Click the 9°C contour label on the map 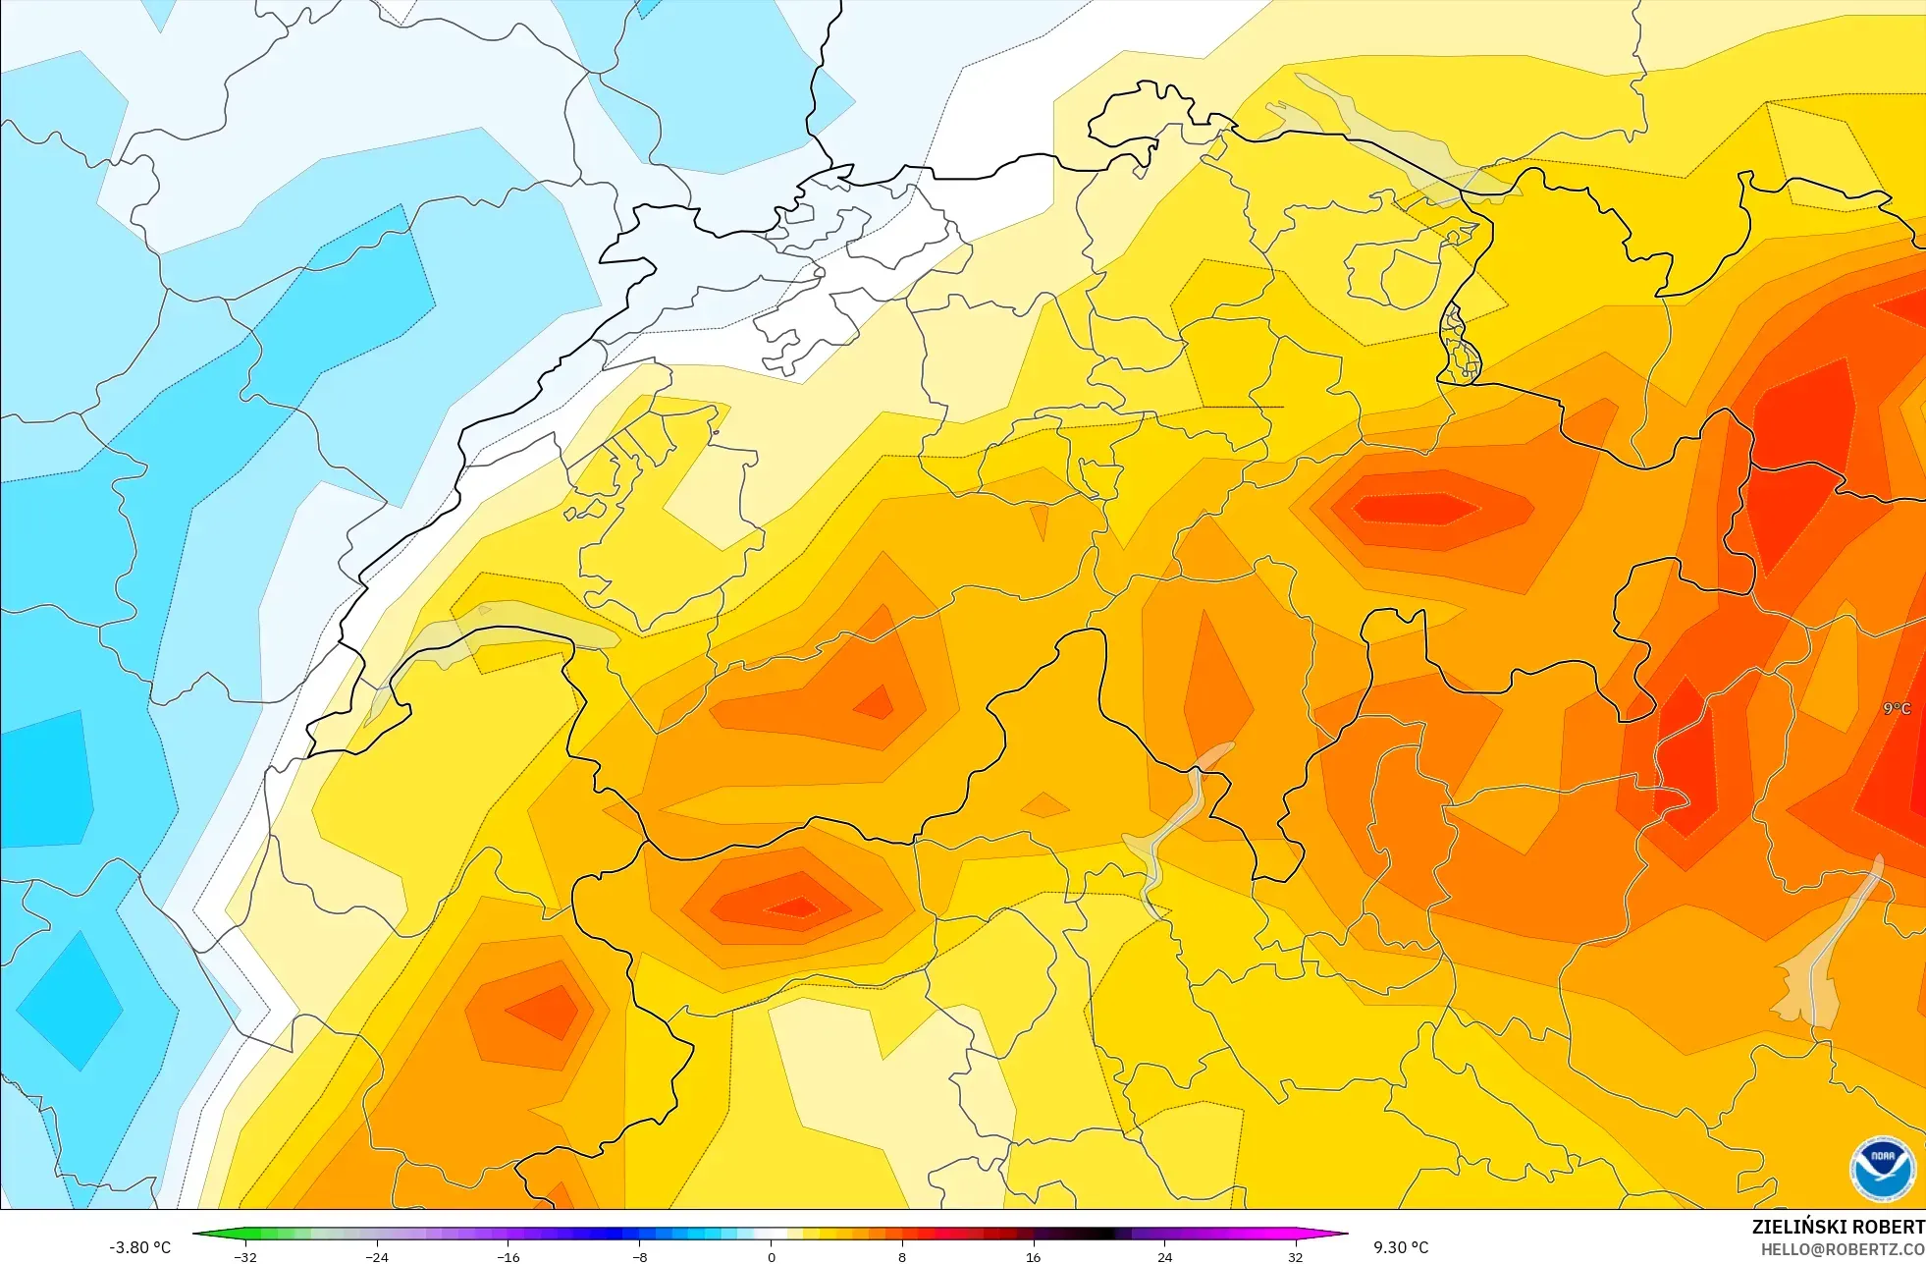(x=1897, y=708)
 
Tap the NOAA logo (x=1882, y=1169)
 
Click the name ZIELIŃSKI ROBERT (x=1838, y=1227)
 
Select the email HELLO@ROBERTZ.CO (x=1842, y=1249)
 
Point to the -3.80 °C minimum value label (x=139, y=1247)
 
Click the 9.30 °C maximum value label (x=1401, y=1247)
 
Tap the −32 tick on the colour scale (x=245, y=1256)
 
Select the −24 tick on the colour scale (x=377, y=1256)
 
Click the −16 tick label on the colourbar (x=508, y=1256)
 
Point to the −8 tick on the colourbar (x=639, y=1256)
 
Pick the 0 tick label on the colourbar (x=771, y=1256)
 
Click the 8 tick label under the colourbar (x=902, y=1256)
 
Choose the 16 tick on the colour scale (x=1033, y=1256)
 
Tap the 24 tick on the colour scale (x=1164, y=1256)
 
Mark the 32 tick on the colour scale (x=1296, y=1256)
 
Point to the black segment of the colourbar (x=1099, y=1234)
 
